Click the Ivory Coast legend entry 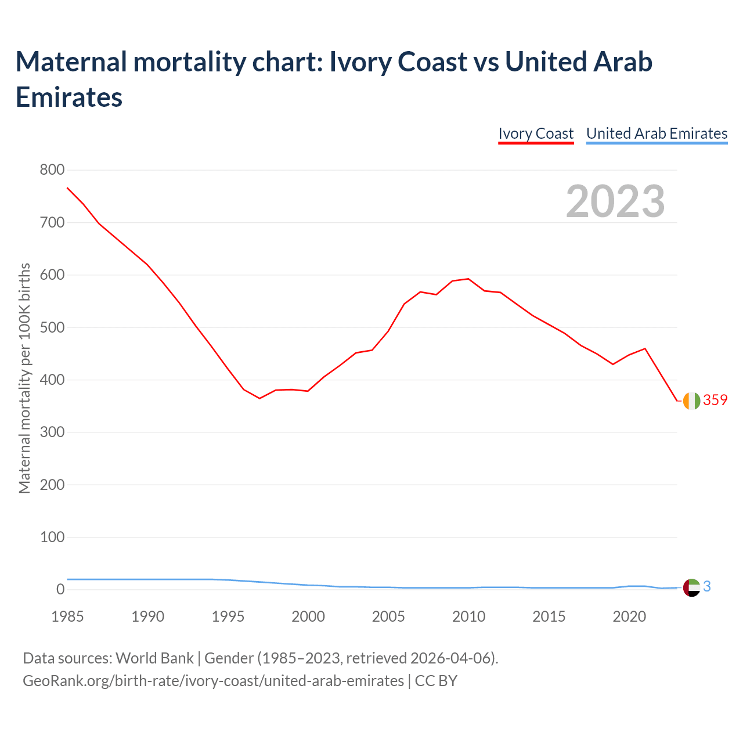pyautogui.click(x=536, y=134)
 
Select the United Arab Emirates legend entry pyautogui.click(x=657, y=134)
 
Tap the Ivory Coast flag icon pyautogui.click(x=691, y=401)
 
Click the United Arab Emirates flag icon pyautogui.click(x=691, y=587)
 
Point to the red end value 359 pyautogui.click(x=715, y=400)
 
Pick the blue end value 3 pyautogui.click(x=707, y=587)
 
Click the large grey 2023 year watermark pyautogui.click(x=615, y=201)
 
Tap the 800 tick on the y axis pyautogui.click(x=52, y=170)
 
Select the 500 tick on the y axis pyautogui.click(x=52, y=327)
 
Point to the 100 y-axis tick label pyautogui.click(x=52, y=537)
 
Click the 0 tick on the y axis pyautogui.click(x=60, y=590)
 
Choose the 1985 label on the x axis pyautogui.click(x=67, y=616)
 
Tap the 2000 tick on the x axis pyautogui.click(x=308, y=616)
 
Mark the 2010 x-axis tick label pyautogui.click(x=468, y=616)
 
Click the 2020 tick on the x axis pyautogui.click(x=629, y=616)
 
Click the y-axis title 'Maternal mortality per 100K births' pyautogui.click(x=24, y=378)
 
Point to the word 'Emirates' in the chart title pyautogui.click(x=69, y=98)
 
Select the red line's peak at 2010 pyautogui.click(x=468, y=279)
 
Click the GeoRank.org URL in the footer pyautogui.click(x=213, y=680)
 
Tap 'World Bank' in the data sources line pyautogui.click(x=154, y=658)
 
